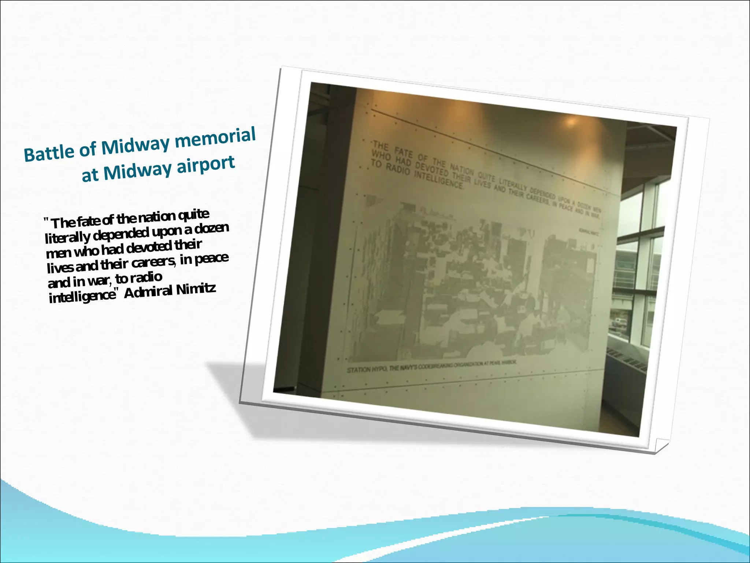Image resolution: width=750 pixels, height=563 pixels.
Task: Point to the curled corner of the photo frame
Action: (x=661, y=445)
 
